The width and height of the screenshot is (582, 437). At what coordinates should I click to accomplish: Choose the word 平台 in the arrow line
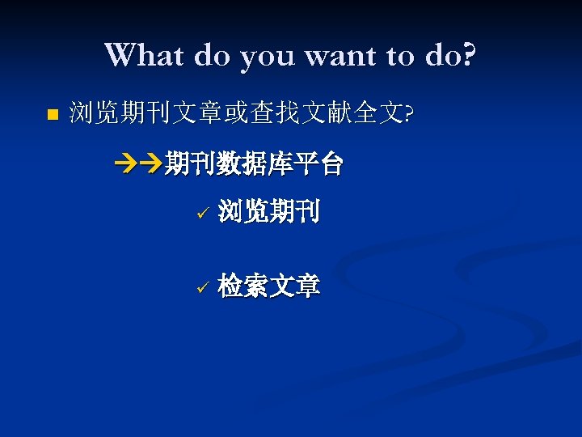tap(318, 166)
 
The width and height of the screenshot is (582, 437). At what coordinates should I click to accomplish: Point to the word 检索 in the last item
tap(243, 286)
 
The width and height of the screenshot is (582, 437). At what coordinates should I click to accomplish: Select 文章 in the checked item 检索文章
tap(294, 286)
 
